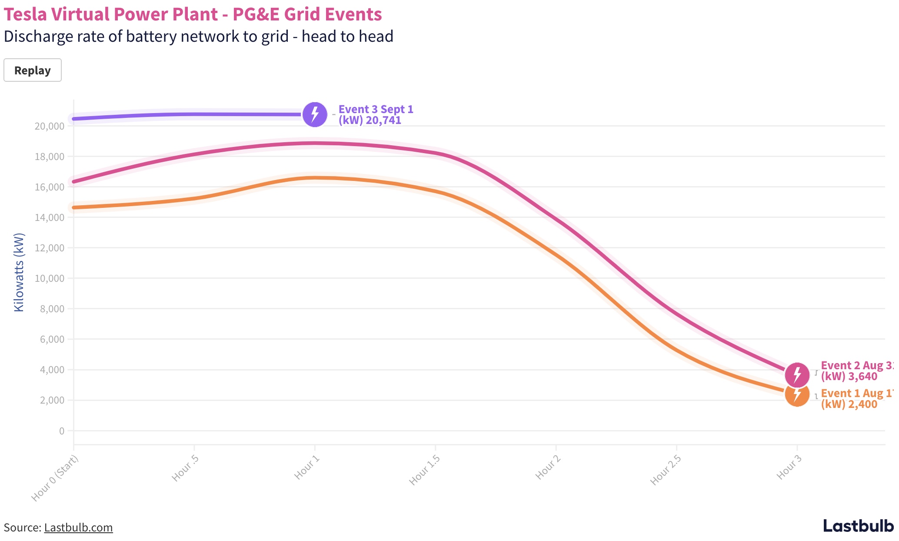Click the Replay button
[33, 70]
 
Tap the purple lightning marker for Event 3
[315, 114]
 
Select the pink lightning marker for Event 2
[797, 374]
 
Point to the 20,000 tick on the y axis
[50, 126]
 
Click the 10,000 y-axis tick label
[50, 278]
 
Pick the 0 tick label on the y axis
[61, 431]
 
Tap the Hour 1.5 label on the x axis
[425, 470]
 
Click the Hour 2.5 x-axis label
[666, 470]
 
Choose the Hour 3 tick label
[789, 467]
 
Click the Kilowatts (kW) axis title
[19, 273]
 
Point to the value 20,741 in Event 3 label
[383, 120]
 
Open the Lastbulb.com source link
[78, 528]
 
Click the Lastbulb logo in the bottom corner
[858, 526]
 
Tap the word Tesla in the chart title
[26, 14]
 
